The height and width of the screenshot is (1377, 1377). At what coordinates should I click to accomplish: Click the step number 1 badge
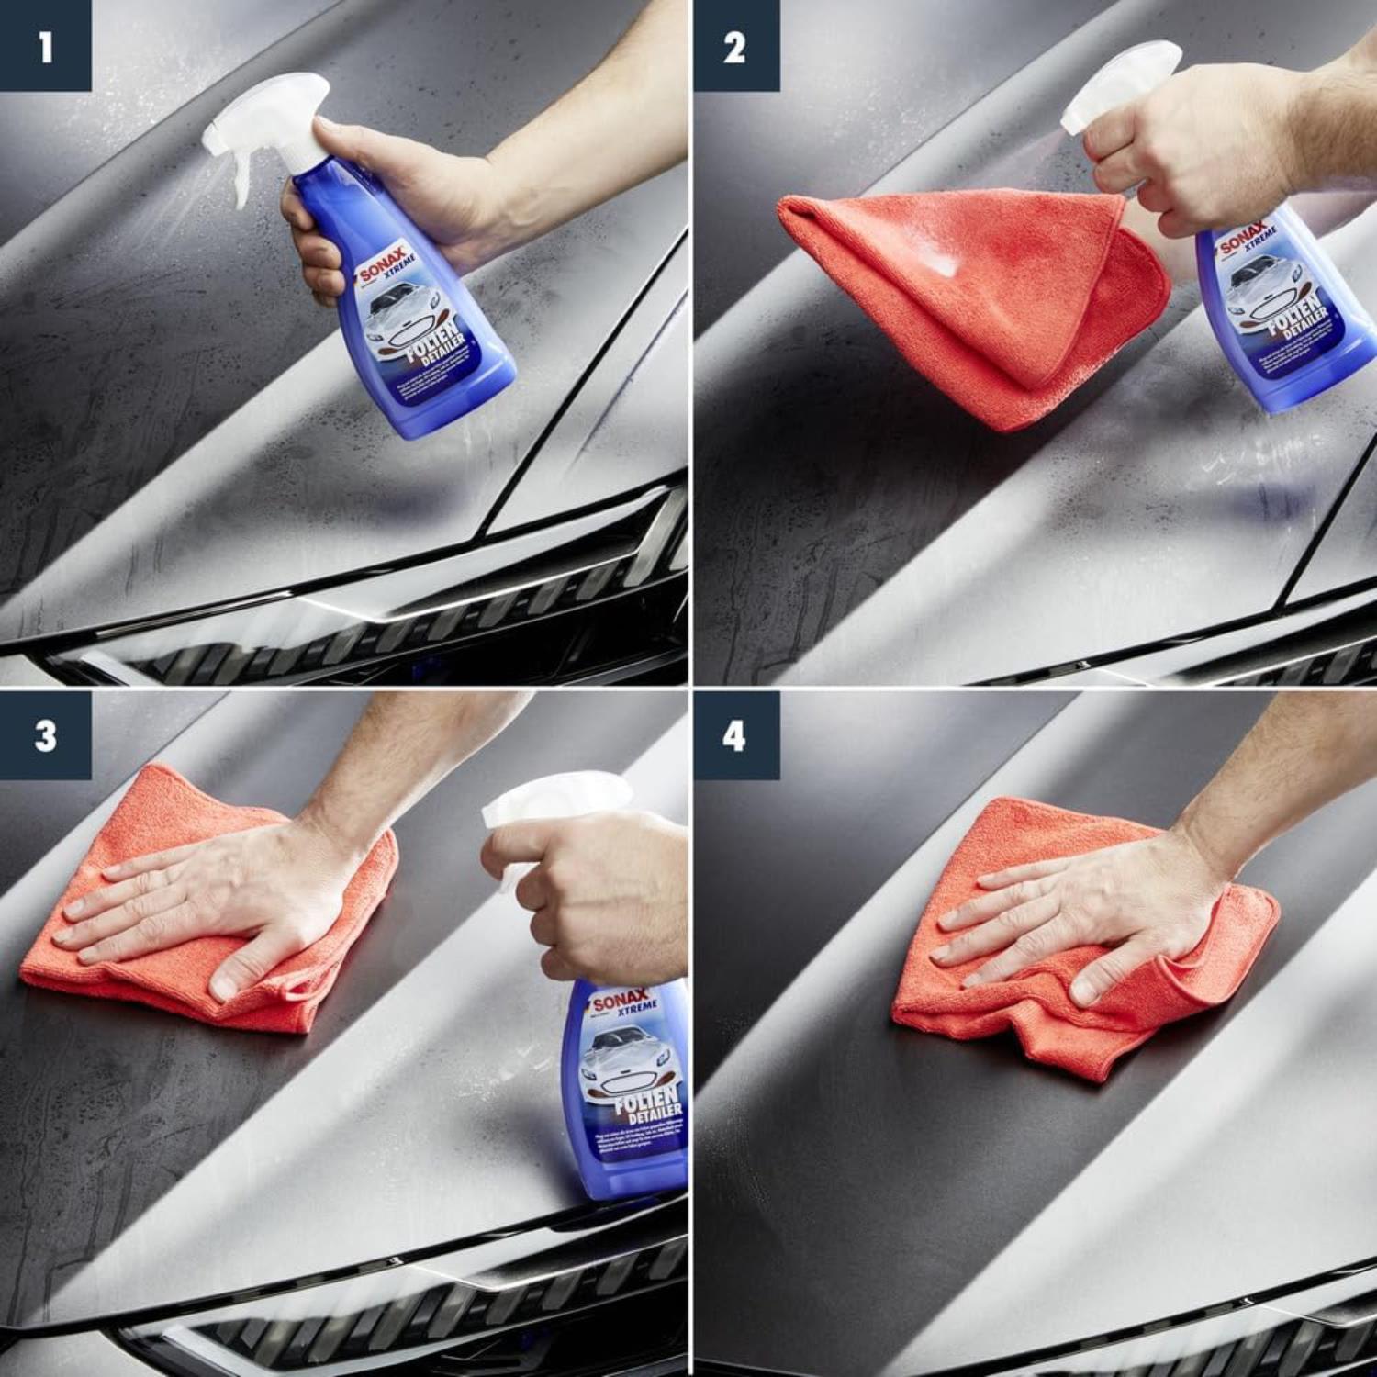coord(45,46)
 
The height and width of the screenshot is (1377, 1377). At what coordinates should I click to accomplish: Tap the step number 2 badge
coord(735,46)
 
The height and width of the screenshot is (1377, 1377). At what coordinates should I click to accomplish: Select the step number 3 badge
coord(45,735)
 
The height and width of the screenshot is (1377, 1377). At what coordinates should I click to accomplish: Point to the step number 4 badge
coord(735,735)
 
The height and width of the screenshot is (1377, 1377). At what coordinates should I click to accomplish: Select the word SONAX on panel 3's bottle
coord(620,1001)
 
